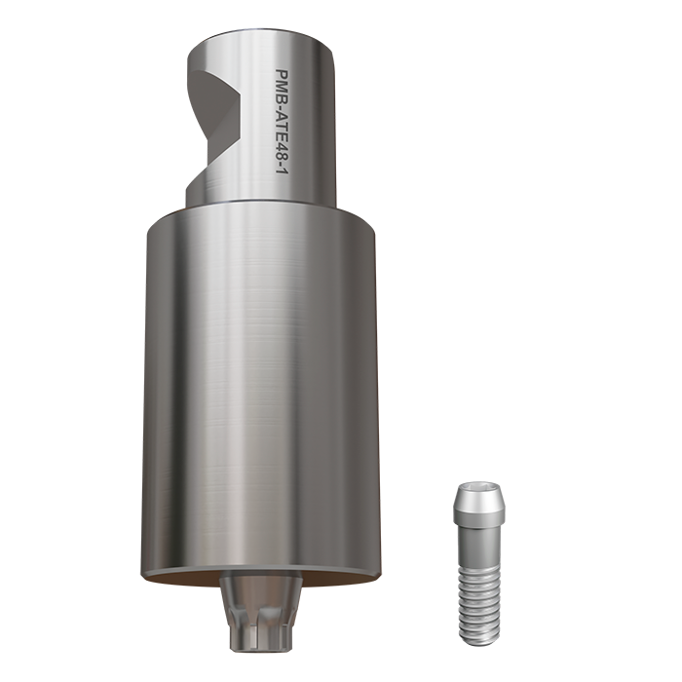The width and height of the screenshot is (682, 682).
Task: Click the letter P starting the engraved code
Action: (x=284, y=72)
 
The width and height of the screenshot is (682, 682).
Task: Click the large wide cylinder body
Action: (x=258, y=390)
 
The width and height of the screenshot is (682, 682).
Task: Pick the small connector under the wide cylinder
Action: (x=257, y=609)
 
